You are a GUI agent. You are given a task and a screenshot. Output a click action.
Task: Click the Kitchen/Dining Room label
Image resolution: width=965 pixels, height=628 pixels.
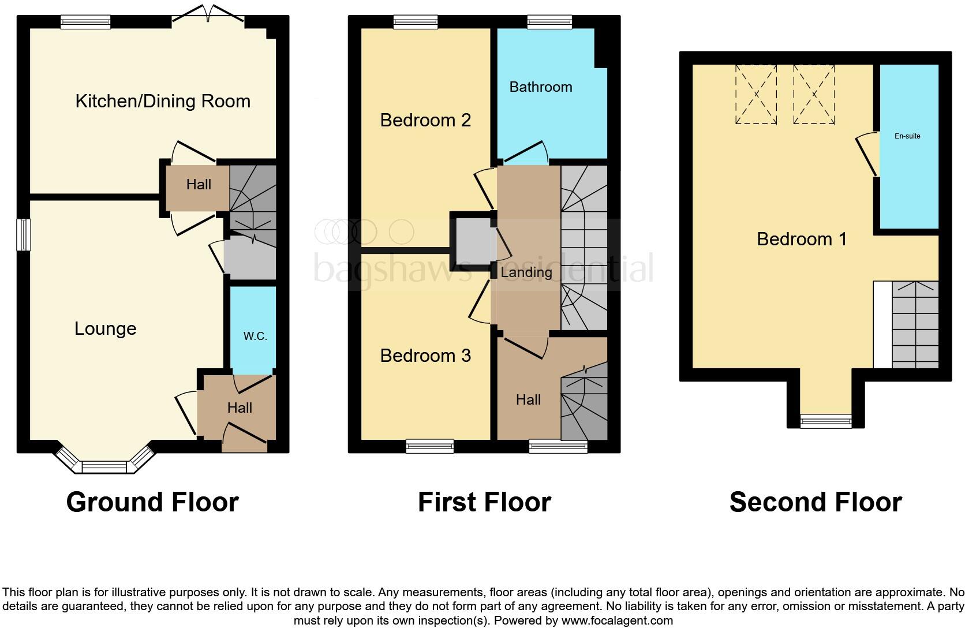[163, 101]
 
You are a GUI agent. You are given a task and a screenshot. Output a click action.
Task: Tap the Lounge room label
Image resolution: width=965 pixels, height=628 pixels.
[106, 328]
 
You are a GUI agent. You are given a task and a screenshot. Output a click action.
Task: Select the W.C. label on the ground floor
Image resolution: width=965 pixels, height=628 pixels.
[255, 336]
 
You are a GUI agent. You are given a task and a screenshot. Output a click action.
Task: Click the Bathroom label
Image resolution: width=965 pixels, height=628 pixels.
[541, 87]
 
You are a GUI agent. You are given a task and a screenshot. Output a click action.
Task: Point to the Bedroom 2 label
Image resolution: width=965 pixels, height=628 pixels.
[425, 120]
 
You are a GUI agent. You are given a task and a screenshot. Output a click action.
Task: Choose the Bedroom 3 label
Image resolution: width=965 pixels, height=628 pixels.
[425, 356]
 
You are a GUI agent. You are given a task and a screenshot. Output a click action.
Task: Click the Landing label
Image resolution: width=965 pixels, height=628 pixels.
[526, 272]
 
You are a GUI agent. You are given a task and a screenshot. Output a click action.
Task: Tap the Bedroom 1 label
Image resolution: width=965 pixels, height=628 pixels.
[802, 238]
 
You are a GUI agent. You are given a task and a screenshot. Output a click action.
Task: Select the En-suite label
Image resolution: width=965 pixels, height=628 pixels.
[907, 136]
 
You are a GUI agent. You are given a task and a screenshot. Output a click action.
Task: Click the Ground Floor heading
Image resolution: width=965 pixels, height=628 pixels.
[152, 502]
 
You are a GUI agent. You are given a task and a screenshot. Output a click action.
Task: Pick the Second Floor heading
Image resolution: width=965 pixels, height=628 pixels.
[816, 502]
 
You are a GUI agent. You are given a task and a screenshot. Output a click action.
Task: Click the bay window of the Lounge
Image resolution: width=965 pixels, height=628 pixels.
[104, 465]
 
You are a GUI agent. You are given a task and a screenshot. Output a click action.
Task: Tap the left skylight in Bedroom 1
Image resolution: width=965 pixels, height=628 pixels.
[755, 94]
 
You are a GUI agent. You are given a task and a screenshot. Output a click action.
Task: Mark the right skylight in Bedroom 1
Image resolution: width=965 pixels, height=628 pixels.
[814, 94]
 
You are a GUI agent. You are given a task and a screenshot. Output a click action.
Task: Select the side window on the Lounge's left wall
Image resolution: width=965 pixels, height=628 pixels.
[24, 235]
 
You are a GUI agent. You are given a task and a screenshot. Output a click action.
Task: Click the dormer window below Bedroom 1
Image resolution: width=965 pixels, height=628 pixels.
[826, 421]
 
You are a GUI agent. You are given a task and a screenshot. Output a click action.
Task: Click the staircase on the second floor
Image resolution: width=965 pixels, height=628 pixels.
[915, 324]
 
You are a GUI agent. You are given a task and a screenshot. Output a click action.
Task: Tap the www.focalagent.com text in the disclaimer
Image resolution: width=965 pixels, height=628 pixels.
[616, 621]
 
